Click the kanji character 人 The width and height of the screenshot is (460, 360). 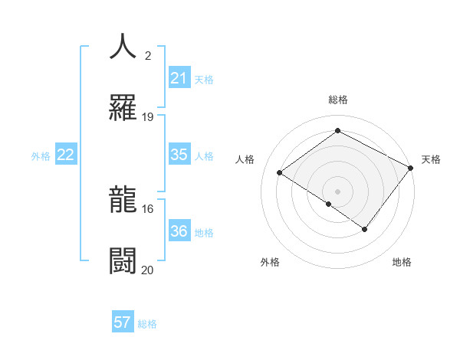pyautogui.click(x=123, y=47)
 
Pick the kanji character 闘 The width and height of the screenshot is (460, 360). pyautogui.click(x=123, y=261)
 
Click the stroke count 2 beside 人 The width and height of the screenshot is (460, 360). pyautogui.click(x=147, y=56)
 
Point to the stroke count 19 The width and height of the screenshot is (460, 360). pyautogui.click(x=148, y=117)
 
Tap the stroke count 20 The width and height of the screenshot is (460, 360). pyautogui.click(x=148, y=270)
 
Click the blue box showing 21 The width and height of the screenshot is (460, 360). pyautogui.click(x=179, y=78)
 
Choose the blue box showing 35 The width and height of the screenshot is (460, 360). pyautogui.click(x=179, y=155)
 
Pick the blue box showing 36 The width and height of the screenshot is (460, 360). pyautogui.click(x=179, y=231)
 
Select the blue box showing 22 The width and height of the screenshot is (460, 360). pyautogui.click(x=66, y=155)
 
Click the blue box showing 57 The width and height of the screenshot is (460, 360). pyautogui.click(x=123, y=322)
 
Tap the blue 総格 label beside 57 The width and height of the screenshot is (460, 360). pyautogui.click(x=147, y=324)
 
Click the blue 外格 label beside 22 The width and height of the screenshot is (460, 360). pyautogui.click(x=41, y=156)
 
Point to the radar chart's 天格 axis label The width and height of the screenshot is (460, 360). pyautogui.click(x=431, y=159)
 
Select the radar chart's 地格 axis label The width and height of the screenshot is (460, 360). pyautogui.click(x=402, y=262)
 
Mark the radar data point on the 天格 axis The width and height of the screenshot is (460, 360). pyautogui.click(x=411, y=168)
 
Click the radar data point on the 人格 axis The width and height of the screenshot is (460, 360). pyautogui.click(x=280, y=173)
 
